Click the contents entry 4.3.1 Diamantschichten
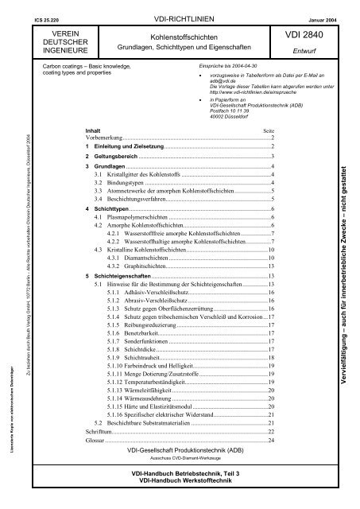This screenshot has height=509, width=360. [135, 258]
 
